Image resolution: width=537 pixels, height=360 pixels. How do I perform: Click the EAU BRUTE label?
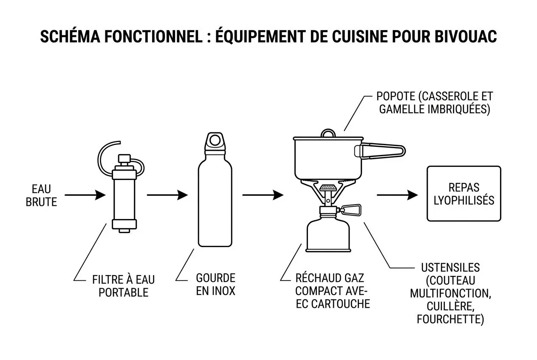tap(41, 195)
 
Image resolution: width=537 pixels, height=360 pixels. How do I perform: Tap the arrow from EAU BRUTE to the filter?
tap(85, 195)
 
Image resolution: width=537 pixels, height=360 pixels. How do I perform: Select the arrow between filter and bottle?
tap(167, 195)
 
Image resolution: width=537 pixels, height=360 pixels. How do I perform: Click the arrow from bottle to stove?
tap(263, 195)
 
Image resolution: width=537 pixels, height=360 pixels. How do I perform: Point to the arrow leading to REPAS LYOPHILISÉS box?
tap(397, 195)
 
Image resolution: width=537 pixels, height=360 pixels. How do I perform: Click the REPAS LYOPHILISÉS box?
tap(464, 194)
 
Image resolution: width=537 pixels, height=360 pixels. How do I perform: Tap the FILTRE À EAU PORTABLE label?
tap(123, 286)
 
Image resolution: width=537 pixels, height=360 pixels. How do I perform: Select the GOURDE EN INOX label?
tap(215, 284)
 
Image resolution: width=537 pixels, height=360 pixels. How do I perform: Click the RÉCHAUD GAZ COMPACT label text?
tap(332, 291)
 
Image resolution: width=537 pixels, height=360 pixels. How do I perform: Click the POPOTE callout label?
tap(435, 102)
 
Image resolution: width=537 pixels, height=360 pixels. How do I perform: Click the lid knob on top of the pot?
tap(328, 133)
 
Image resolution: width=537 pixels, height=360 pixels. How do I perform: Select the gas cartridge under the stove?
tap(325, 236)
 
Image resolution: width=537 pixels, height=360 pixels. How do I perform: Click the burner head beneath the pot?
tap(327, 187)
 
